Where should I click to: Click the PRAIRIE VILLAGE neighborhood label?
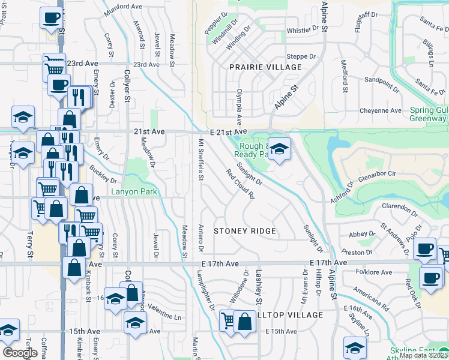point(265,67)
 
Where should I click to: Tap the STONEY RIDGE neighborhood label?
point(245,231)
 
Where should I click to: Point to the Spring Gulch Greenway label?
point(429,115)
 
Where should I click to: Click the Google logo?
point(20,353)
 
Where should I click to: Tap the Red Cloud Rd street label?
point(241,184)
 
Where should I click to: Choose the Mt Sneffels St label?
point(201,160)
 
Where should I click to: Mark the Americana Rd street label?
point(371,299)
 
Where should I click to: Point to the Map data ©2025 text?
point(423,355)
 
